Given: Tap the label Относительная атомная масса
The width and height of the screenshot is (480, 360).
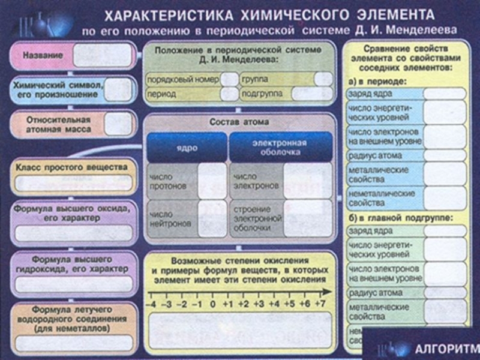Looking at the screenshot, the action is click(x=57, y=124).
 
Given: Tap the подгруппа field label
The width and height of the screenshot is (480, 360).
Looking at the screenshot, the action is click(x=262, y=94).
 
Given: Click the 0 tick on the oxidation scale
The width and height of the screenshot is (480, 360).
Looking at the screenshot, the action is click(x=213, y=304).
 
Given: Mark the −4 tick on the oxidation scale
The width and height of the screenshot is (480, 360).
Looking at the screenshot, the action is click(x=153, y=304).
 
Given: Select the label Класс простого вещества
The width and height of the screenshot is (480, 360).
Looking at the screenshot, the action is click(x=71, y=167).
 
